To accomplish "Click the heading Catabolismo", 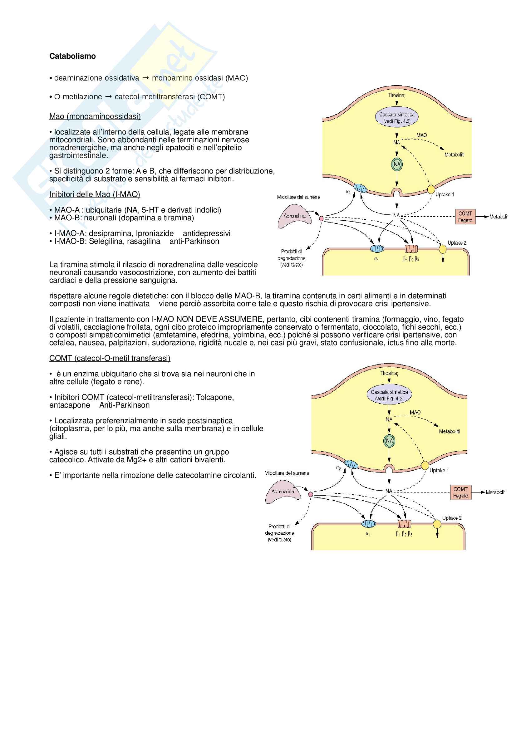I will pyautogui.click(x=72, y=56).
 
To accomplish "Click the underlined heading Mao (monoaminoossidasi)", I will pyautogui.click(x=95, y=116).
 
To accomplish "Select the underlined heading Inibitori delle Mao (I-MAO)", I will pyautogui.click(x=94, y=194).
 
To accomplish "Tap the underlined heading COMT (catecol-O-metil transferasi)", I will pyautogui.click(x=110, y=358).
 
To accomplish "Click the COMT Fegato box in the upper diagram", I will pyautogui.click(x=465, y=217).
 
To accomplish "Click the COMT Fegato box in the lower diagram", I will pyautogui.click(x=460, y=492).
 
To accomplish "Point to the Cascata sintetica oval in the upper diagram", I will pyautogui.click(x=396, y=118).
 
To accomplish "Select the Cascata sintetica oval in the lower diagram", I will pyautogui.click(x=389, y=395).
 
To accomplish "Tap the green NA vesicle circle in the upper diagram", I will pyautogui.click(x=397, y=164).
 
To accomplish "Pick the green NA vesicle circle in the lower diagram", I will pyautogui.click(x=389, y=441).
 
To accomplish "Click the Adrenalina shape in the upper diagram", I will pyautogui.click(x=294, y=216).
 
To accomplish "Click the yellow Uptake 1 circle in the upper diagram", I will pyautogui.click(x=431, y=189).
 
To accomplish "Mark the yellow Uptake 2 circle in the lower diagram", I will pyautogui.click(x=437, y=524).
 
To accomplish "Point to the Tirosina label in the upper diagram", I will pyautogui.click(x=396, y=95).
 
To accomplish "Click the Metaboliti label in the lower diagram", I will pyautogui.click(x=449, y=431).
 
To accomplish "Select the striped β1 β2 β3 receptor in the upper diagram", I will pyautogui.click(x=411, y=249).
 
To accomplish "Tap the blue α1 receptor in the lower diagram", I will pyautogui.click(x=369, y=524).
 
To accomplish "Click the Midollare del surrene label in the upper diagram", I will pyautogui.click(x=298, y=197).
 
